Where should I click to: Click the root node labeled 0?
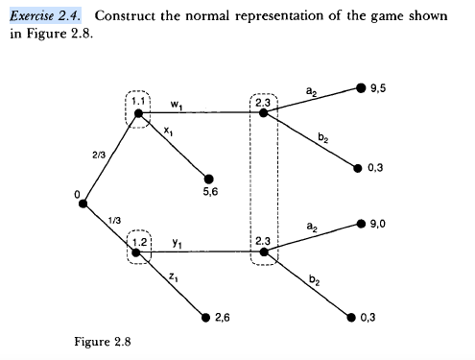point(84,204)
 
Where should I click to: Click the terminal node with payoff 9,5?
point(361,88)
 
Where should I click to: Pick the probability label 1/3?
point(114,221)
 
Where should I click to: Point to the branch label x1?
point(168,131)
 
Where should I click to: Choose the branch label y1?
point(177,243)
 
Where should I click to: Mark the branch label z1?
point(172,276)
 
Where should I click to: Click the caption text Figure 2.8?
point(103,339)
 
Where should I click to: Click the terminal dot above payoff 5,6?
point(209,178)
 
